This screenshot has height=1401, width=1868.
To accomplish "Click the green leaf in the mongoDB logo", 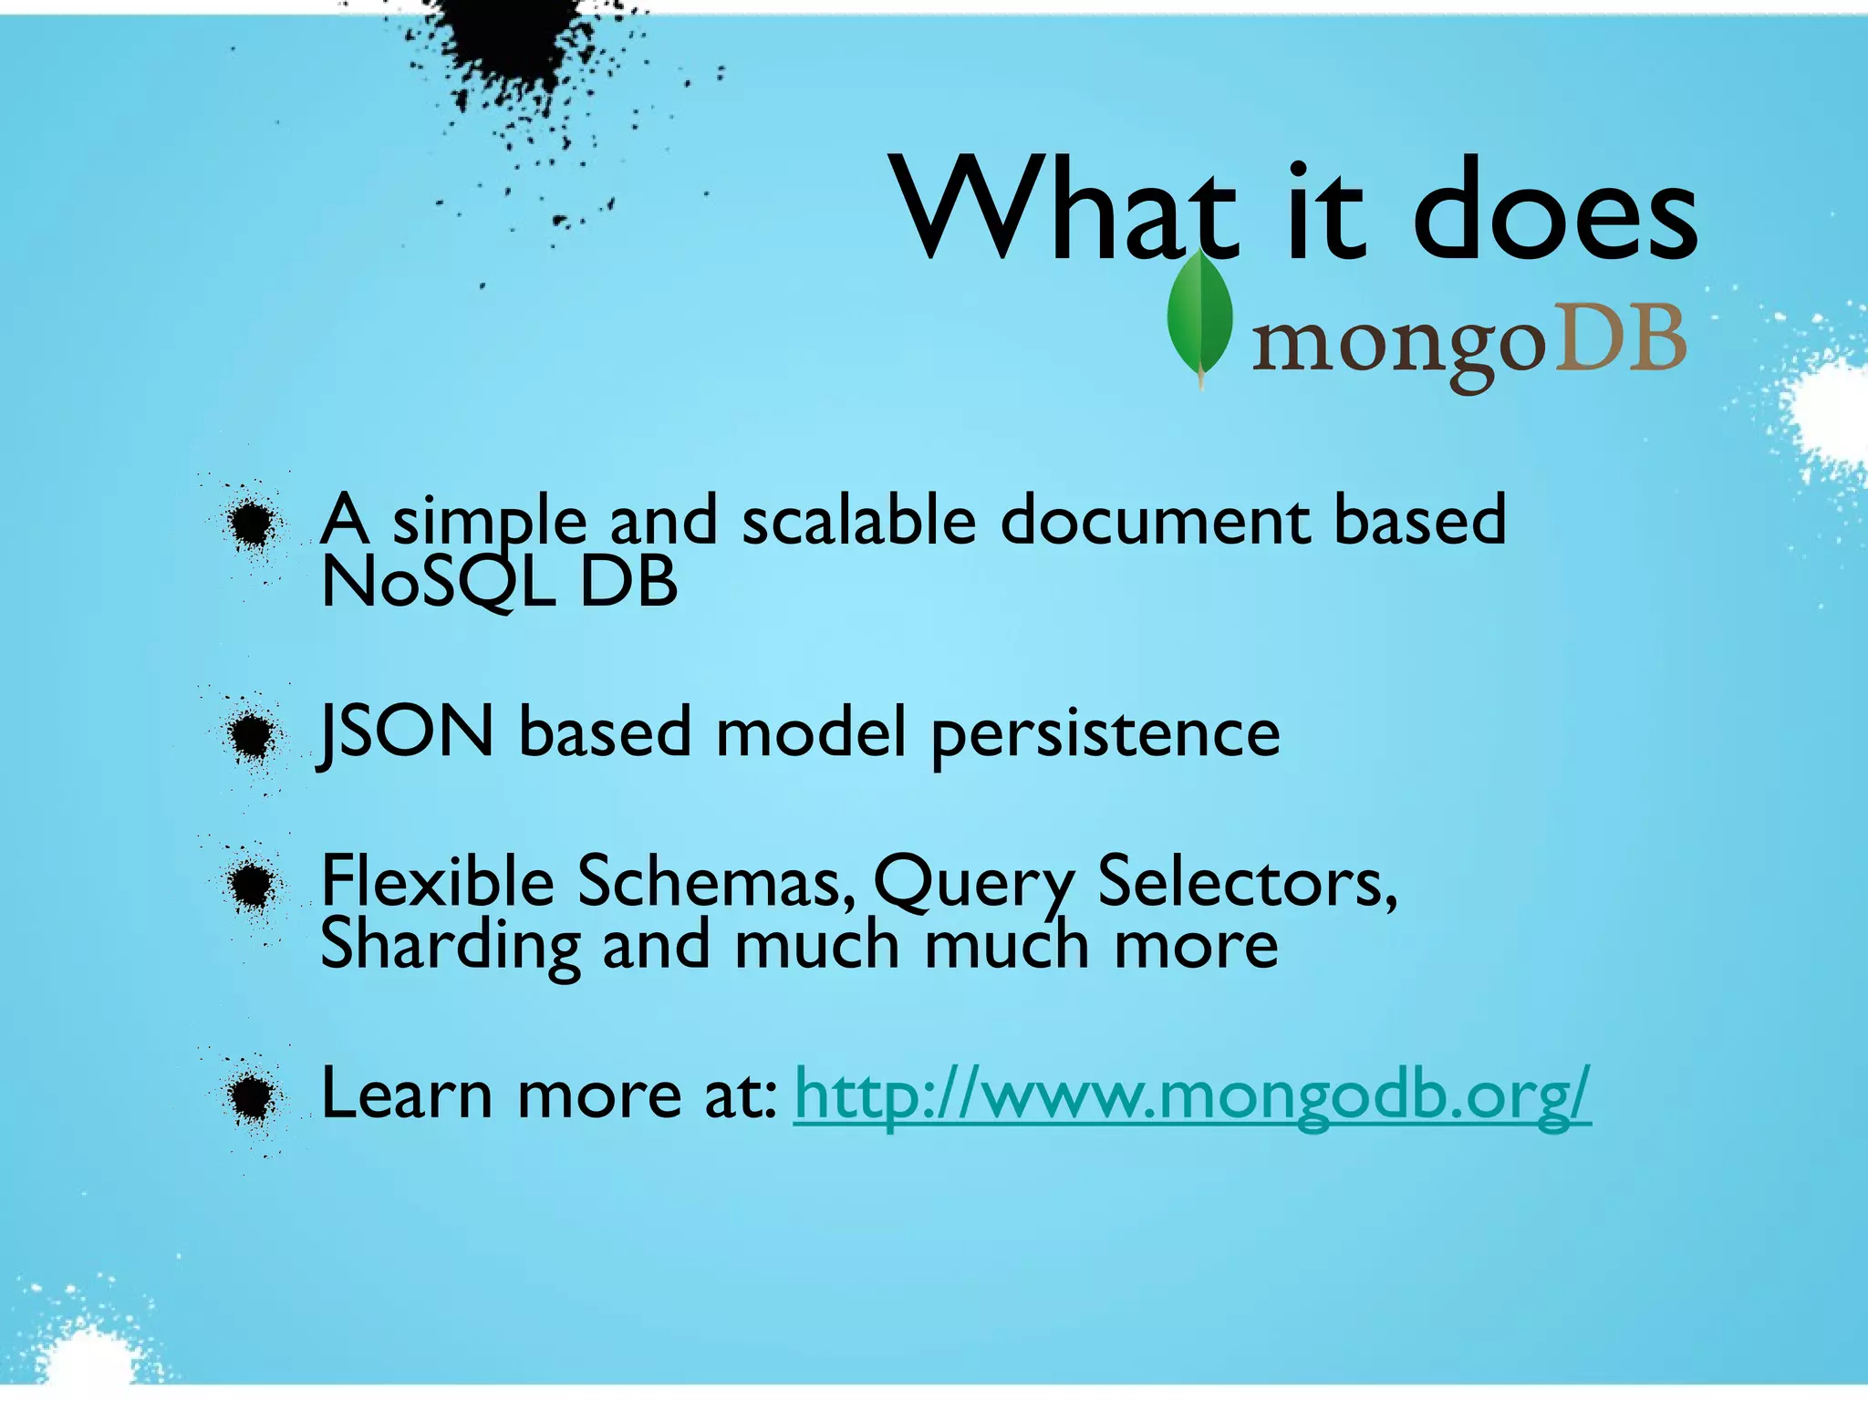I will [x=1199, y=319].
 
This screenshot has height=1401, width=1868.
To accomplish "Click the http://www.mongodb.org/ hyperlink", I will [x=1192, y=1095].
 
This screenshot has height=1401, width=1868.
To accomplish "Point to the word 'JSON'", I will [x=407, y=732].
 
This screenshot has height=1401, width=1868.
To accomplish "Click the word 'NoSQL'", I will [x=438, y=582].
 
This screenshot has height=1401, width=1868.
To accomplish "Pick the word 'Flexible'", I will [x=438, y=881].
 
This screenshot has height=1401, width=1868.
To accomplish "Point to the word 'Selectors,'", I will [x=1247, y=883].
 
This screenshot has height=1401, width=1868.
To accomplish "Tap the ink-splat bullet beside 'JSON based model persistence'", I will [x=251, y=733].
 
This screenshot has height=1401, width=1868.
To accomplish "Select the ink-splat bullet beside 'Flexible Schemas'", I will [x=251, y=883].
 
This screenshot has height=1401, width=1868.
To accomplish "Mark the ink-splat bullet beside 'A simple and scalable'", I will [x=251, y=522].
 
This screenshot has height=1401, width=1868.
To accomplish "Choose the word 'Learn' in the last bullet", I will [x=407, y=1095].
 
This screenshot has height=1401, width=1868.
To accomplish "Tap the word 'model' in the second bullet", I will [x=811, y=733].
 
